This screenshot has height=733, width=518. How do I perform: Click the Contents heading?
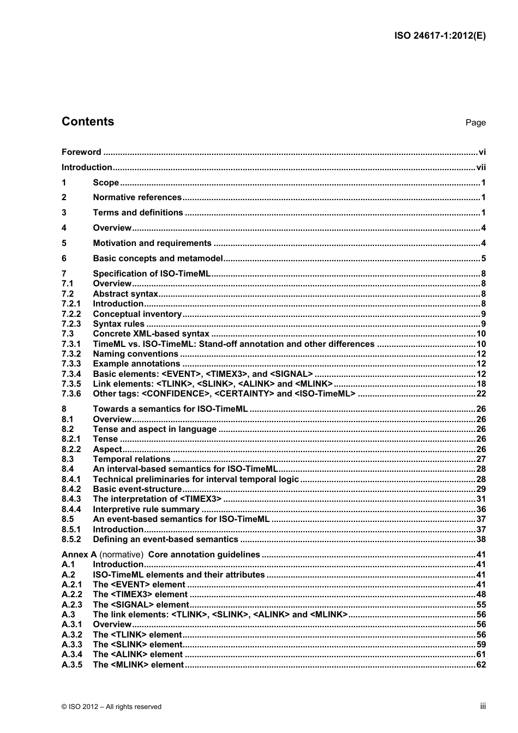88,122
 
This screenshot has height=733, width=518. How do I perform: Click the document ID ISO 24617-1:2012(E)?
439,36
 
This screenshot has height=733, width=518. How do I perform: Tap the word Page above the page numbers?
475,123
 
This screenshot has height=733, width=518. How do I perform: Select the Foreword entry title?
81,152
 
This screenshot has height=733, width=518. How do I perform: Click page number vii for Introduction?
480,167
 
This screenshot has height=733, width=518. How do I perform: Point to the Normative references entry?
137,197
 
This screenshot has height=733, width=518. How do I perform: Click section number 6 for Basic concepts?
64,259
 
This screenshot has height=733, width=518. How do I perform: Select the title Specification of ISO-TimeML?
152,274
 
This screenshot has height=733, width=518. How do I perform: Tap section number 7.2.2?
71,314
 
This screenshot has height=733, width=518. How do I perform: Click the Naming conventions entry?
136,354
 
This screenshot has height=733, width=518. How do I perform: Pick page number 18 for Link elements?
480,384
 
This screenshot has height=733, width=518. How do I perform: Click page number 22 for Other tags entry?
480,394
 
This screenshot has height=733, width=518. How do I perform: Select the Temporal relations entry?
131,459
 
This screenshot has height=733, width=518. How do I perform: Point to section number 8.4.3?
71,499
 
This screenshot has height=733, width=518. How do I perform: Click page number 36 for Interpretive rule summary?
480,509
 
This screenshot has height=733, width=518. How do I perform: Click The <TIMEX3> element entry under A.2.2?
140,594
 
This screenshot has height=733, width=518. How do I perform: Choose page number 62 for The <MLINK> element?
480,665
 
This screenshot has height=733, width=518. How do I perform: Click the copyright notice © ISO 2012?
111,707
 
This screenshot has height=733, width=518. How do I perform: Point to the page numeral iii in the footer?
483,706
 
